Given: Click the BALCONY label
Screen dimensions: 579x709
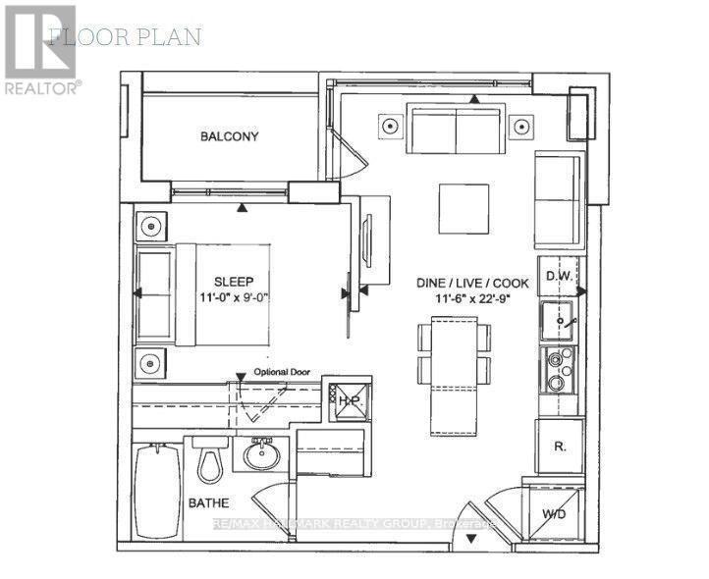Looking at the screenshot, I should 229,136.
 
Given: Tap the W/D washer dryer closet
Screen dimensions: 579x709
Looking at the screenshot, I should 555,513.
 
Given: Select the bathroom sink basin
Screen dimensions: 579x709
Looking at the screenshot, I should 262,455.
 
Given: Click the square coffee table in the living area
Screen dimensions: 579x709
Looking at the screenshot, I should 463,209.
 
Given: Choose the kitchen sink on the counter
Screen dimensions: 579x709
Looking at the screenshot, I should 557,320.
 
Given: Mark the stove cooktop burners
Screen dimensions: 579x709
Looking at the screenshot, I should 557,369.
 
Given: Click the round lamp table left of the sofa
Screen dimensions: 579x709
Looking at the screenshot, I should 391,126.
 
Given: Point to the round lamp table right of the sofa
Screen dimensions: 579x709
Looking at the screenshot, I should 521,126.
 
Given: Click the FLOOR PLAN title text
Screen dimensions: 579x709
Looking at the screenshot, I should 125,37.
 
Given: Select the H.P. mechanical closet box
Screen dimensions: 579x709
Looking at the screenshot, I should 349,398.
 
